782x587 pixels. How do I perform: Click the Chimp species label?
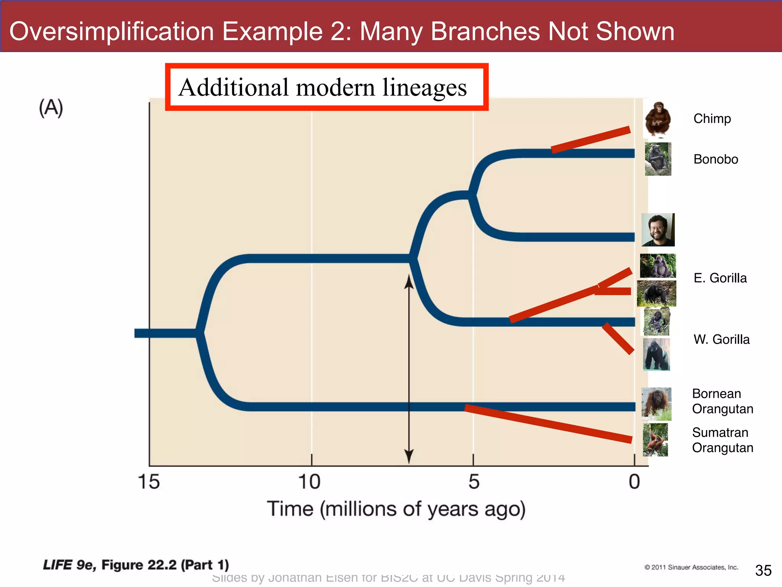(x=712, y=118)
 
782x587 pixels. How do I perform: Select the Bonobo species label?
(x=716, y=159)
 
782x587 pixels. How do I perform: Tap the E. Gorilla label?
(x=720, y=278)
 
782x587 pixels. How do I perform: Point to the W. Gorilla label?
(x=721, y=339)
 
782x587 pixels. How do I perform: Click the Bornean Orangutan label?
(x=722, y=401)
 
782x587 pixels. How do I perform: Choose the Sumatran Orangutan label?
(x=722, y=440)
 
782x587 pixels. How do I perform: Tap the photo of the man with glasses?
(x=658, y=230)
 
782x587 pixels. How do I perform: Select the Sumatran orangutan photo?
(x=656, y=439)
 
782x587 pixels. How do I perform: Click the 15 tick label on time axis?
(x=149, y=482)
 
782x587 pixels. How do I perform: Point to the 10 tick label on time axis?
(x=309, y=482)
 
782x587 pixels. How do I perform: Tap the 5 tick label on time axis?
(x=473, y=482)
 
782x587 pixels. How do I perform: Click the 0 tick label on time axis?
(x=634, y=482)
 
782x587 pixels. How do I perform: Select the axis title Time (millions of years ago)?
(x=396, y=509)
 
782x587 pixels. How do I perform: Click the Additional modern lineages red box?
(x=326, y=87)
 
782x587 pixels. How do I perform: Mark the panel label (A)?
(x=51, y=108)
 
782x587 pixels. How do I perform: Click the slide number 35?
(x=763, y=571)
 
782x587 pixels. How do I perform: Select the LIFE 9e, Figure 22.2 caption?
(x=136, y=565)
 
